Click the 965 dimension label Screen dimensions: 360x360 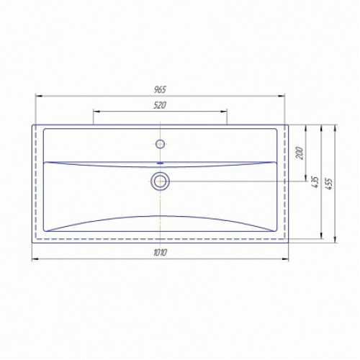(x=160, y=90)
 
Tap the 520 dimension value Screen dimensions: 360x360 (x=160, y=105)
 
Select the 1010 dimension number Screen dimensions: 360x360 (x=160, y=253)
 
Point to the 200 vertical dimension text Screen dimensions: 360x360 (x=300, y=153)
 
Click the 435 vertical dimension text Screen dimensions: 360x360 (x=315, y=182)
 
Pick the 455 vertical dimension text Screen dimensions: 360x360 (x=329, y=184)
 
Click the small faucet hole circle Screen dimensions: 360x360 (x=160, y=144)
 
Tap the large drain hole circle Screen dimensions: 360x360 (x=160, y=181)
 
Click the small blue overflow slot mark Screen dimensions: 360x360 (x=160, y=163)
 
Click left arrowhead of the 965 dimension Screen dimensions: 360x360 (x=39, y=96)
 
